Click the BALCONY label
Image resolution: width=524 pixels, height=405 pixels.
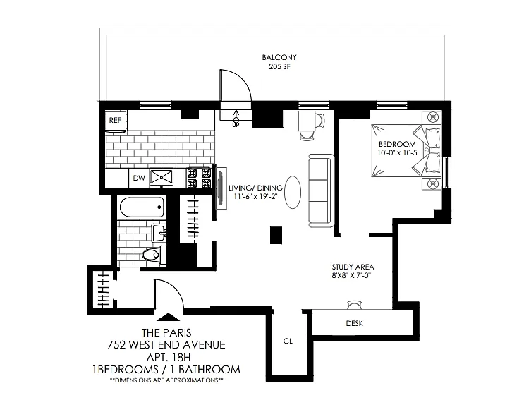click(x=279, y=57)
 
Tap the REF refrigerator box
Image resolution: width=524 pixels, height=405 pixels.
click(x=116, y=120)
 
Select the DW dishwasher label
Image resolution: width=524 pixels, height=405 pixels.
click(x=139, y=178)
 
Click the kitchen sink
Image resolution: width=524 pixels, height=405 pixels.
click(x=162, y=177)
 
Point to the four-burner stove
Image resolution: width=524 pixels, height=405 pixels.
click(x=199, y=177)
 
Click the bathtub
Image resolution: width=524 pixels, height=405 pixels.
click(x=142, y=207)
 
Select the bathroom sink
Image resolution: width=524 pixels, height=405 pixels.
click(x=159, y=233)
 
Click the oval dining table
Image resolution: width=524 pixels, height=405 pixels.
click(x=293, y=193)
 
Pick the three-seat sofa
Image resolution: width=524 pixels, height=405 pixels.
click(x=321, y=191)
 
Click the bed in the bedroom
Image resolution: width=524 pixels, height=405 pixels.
click(x=406, y=150)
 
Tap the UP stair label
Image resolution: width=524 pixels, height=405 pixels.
click(x=236, y=125)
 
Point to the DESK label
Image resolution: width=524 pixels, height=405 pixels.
click(x=354, y=323)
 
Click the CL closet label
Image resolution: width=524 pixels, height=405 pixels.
click(x=288, y=341)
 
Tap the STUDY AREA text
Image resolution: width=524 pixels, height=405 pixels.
click(x=353, y=267)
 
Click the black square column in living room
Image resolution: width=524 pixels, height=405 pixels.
click(x=276, y=235)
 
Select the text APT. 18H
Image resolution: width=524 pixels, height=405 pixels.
click(x=169, y=357)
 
